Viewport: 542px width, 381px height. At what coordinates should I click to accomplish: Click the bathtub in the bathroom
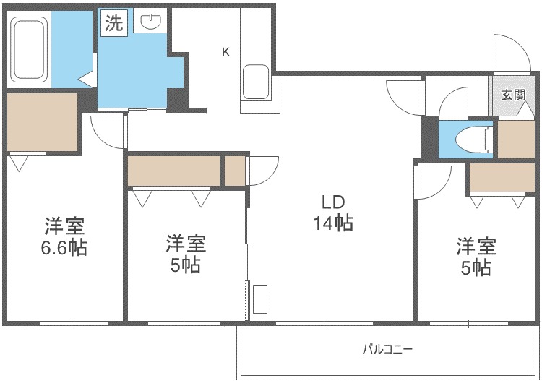[29, 49]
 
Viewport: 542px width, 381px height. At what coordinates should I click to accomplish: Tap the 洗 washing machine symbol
[114, 22]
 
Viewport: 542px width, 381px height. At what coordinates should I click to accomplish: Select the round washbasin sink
[151, 22]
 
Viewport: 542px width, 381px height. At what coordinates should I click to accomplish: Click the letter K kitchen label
[225, 52]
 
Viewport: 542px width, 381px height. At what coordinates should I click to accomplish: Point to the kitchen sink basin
[256, 82]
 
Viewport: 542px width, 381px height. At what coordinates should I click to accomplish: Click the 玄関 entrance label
[514, 95]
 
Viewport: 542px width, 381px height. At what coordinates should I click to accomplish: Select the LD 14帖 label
[333, 213]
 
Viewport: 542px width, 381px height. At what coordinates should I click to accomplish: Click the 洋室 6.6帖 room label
[64, 237]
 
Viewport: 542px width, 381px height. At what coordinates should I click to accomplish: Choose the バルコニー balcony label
[388, 349]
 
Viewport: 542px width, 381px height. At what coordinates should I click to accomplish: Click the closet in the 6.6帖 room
[42, 121]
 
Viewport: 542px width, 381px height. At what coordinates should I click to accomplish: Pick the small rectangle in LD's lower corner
[260, 299]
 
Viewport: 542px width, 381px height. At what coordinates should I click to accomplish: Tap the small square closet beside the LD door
[235, 171]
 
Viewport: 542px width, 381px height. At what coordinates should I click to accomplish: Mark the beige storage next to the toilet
[517, 140]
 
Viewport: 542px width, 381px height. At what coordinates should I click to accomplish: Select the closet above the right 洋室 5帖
[502, 177]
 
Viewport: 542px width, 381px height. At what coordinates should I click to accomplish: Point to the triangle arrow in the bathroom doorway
[87, 80]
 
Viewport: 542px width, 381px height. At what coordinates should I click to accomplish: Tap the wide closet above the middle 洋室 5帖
[174, 171]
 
